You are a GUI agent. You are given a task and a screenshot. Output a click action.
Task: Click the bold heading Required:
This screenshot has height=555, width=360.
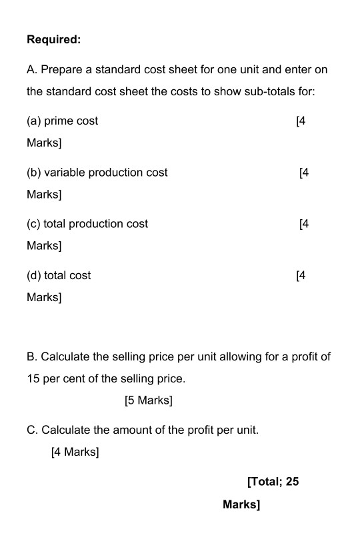tap(53, 40)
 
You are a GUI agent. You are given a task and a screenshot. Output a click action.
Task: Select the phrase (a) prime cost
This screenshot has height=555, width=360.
tap(62, 121)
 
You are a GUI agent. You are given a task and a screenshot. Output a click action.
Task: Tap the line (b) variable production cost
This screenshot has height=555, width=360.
tap(97, 173)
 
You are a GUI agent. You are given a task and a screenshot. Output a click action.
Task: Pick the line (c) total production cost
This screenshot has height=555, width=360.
tap(87, 224)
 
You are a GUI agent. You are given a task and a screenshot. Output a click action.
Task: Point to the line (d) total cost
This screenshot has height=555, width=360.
tap(59, 275)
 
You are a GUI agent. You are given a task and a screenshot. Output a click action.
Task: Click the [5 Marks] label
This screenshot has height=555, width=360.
tap(148, 400)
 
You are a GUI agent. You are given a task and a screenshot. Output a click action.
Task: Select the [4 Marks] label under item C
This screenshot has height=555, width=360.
tap(75, 452)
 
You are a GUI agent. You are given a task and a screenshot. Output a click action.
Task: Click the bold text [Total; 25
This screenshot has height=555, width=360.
tap(273, 482)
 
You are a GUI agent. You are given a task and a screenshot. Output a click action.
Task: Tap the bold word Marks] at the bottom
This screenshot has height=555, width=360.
tap(241, 504)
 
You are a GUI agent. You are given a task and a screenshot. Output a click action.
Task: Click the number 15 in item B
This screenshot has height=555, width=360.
tap(33, 379)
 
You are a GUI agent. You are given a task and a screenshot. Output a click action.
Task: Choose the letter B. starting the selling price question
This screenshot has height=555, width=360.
tap(32, 356)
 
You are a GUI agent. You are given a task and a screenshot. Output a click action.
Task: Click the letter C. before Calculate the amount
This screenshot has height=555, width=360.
tap(32, 430)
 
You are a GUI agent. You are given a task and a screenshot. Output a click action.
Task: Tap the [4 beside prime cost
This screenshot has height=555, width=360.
tap(300, 121)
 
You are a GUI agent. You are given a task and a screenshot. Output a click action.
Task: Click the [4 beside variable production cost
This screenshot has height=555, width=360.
tap(304, 173)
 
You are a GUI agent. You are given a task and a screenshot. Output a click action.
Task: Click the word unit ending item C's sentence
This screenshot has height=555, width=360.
tap(247, 430)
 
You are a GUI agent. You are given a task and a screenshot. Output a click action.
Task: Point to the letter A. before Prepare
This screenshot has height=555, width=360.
tap(31, 70)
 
